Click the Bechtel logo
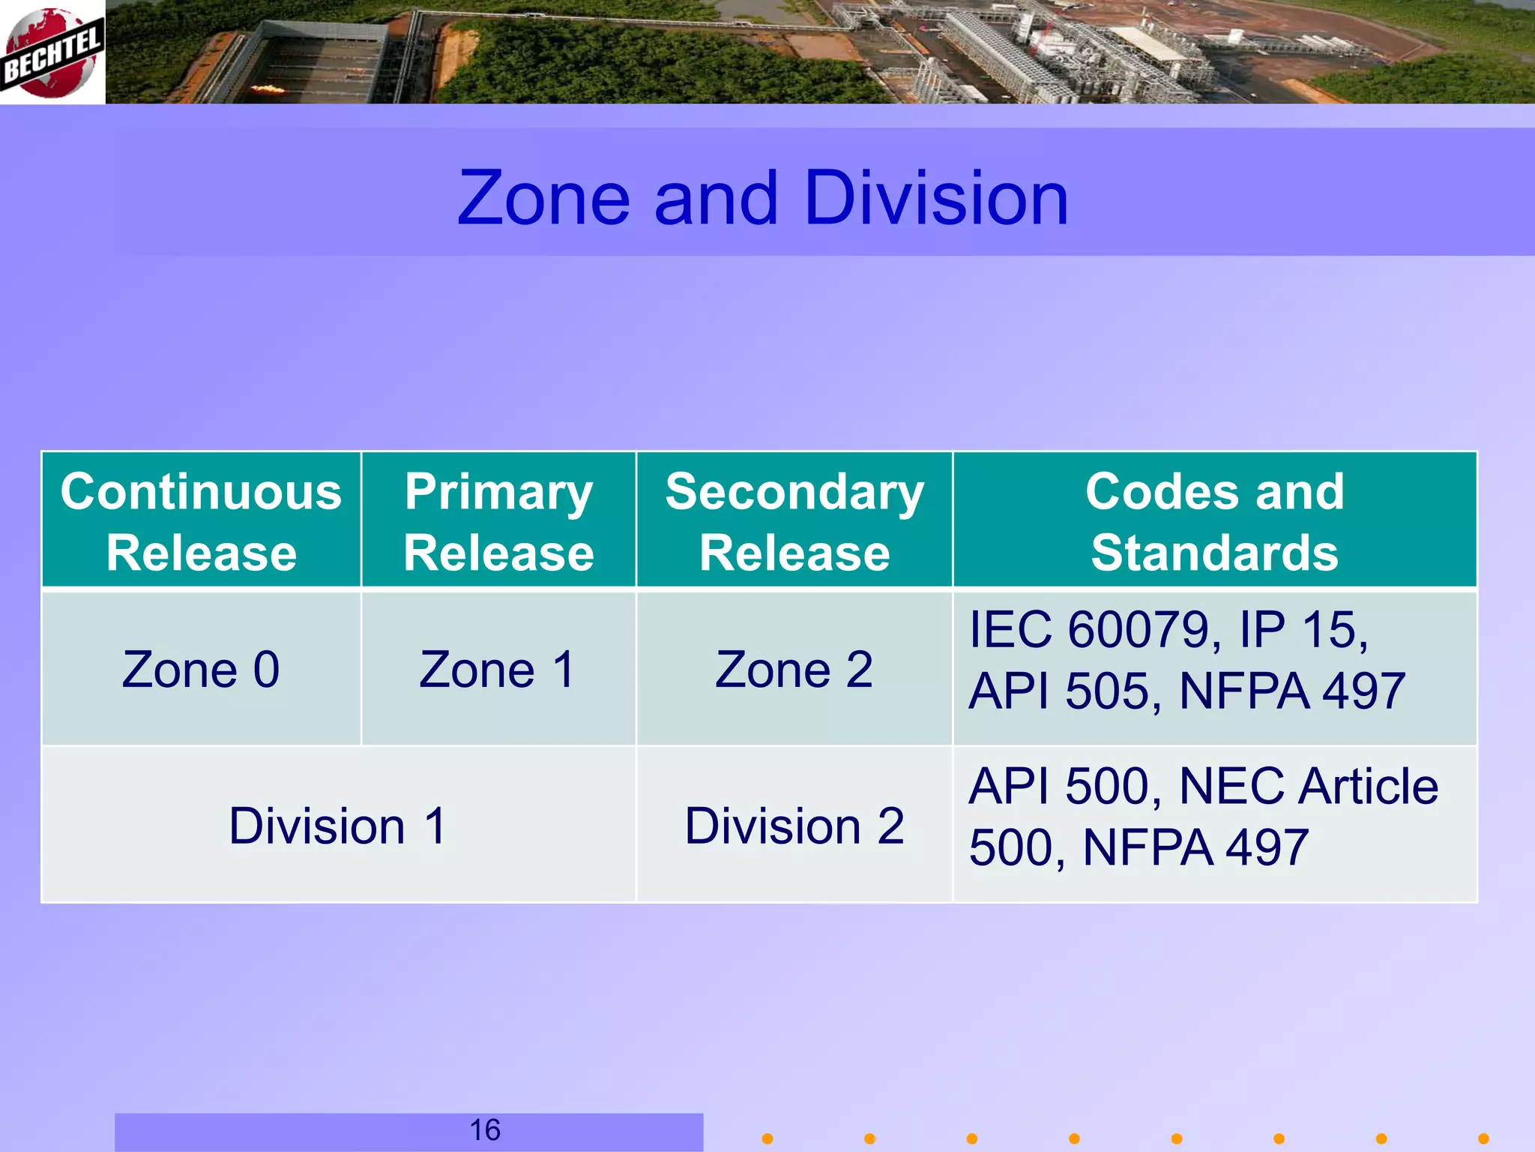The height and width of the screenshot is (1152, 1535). (52, 52)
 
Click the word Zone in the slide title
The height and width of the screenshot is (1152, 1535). (543, 198)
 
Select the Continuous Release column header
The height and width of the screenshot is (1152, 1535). (201, 521)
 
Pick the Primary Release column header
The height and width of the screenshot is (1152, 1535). (498, 521)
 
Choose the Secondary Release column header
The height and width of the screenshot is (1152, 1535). (794, 521)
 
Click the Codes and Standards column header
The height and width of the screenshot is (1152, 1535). (1214, 521)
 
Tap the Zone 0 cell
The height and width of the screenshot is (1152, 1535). (201, 669)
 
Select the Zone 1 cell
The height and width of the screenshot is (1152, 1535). (498, 669)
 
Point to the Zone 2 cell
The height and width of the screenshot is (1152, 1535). (794, 669)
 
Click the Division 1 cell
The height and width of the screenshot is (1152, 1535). (338, 826)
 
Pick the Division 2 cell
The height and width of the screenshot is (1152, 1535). (794, 826)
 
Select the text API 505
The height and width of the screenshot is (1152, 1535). (1064, 691)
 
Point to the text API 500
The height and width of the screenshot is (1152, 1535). (1064, 787)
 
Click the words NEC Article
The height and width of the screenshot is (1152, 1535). (1308, 787)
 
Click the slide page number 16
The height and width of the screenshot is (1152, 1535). (485, 1130)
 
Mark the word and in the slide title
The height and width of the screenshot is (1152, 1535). (716, 198)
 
